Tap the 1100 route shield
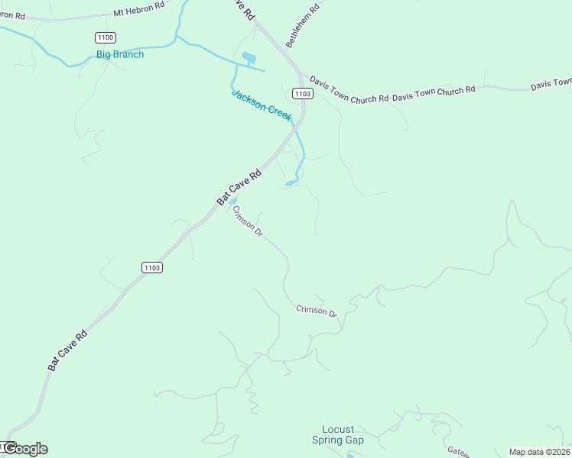pos(106,37)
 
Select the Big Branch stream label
pos(120,54)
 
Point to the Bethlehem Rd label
pos(301,24)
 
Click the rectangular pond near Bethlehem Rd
pos(249,57)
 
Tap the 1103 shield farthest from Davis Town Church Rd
pos(152,267)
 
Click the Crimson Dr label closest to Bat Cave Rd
pos(248,221)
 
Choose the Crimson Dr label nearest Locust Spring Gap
pos(317,311)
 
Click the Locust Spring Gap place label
pos(338,434)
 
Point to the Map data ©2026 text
pos(539,451)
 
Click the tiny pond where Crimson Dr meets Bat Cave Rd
pos(232,201)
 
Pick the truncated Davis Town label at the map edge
pos(551,82)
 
